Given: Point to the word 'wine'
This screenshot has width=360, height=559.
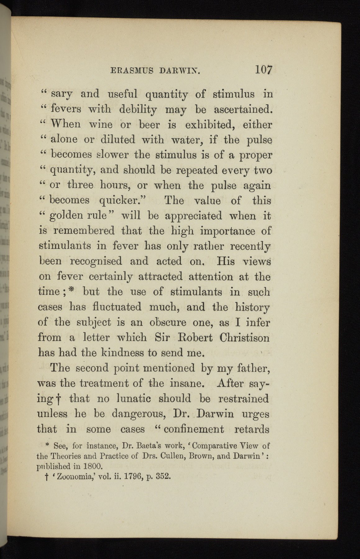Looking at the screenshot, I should coord(100,125).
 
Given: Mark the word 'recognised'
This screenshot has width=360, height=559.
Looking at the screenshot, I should coord(96,261).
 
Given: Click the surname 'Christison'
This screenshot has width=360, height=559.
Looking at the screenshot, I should coord(244,338).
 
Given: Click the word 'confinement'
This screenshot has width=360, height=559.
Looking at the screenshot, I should coord(194,429).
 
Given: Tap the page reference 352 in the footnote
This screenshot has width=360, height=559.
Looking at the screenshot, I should coord(163,476).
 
